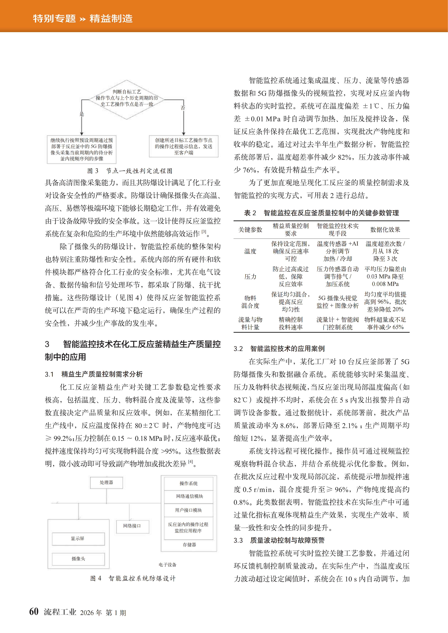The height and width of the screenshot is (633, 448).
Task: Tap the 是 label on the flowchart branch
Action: [82, 114]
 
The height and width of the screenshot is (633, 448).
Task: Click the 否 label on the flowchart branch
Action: [183, 108]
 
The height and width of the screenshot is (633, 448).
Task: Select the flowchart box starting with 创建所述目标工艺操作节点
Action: [184, 146]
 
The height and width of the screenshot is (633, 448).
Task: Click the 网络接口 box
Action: [132, 526]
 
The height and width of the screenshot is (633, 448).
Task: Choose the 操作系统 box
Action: [189, 483]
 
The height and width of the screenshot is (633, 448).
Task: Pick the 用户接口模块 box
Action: [189, 510]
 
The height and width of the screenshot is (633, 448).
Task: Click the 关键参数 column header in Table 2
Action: [250, 230]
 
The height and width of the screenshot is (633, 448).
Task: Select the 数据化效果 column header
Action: [385, 230]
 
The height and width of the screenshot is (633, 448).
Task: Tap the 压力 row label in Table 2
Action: [250, 277]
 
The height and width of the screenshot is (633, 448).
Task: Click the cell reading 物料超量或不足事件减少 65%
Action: [385, 323]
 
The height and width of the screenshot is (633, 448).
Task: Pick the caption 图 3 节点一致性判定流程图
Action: [130, 171]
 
